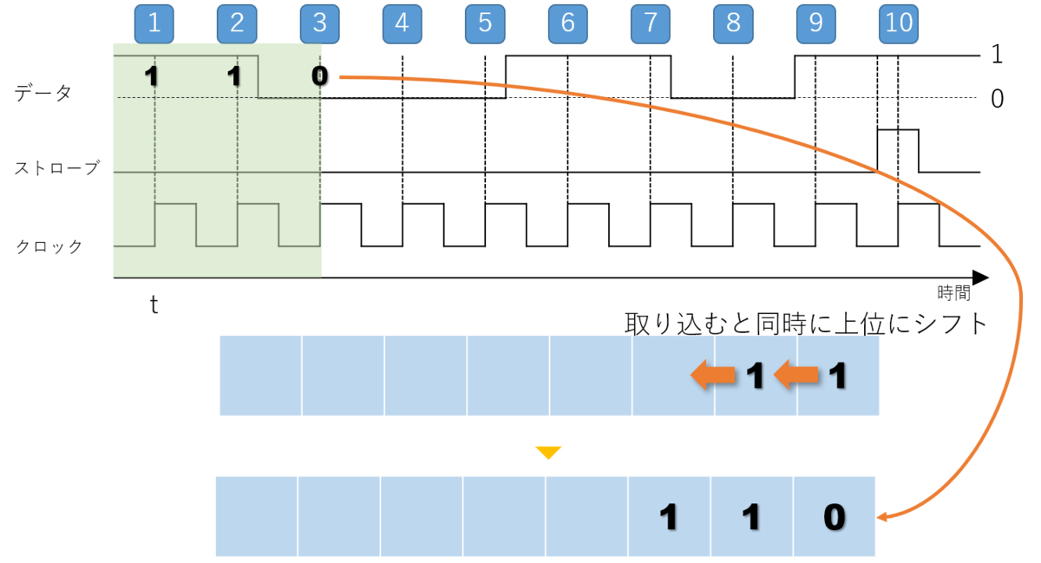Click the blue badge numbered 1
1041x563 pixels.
(x=154, y=24)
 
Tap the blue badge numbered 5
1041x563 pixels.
(x=485, y=24)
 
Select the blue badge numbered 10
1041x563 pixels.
(x=899, y=24)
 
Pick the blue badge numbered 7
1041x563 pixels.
(x=650, y=24)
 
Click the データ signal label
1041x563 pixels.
(x=43, y=93)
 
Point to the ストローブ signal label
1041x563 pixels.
(x=56, y=167)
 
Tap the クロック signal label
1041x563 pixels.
(x=49, y=246)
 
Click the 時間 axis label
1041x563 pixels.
(x=953, y=293)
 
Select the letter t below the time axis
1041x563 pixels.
(x=154, y=305)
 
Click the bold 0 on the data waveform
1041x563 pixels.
(x=320, y=75)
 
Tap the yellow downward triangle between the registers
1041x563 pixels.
(x=548, y=452)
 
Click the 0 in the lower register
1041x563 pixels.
(x=835, y=517)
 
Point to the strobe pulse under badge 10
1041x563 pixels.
(x=898, y=130)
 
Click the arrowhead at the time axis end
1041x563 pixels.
(x=980, y=278)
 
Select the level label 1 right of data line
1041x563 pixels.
(x=997, y=55)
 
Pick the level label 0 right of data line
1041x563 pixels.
(x=997, y=99)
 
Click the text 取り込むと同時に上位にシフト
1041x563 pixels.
(x=806, y=324)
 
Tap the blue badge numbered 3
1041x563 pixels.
(x=320, y=24)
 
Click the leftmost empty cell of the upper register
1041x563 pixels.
(x=261, y=375)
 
